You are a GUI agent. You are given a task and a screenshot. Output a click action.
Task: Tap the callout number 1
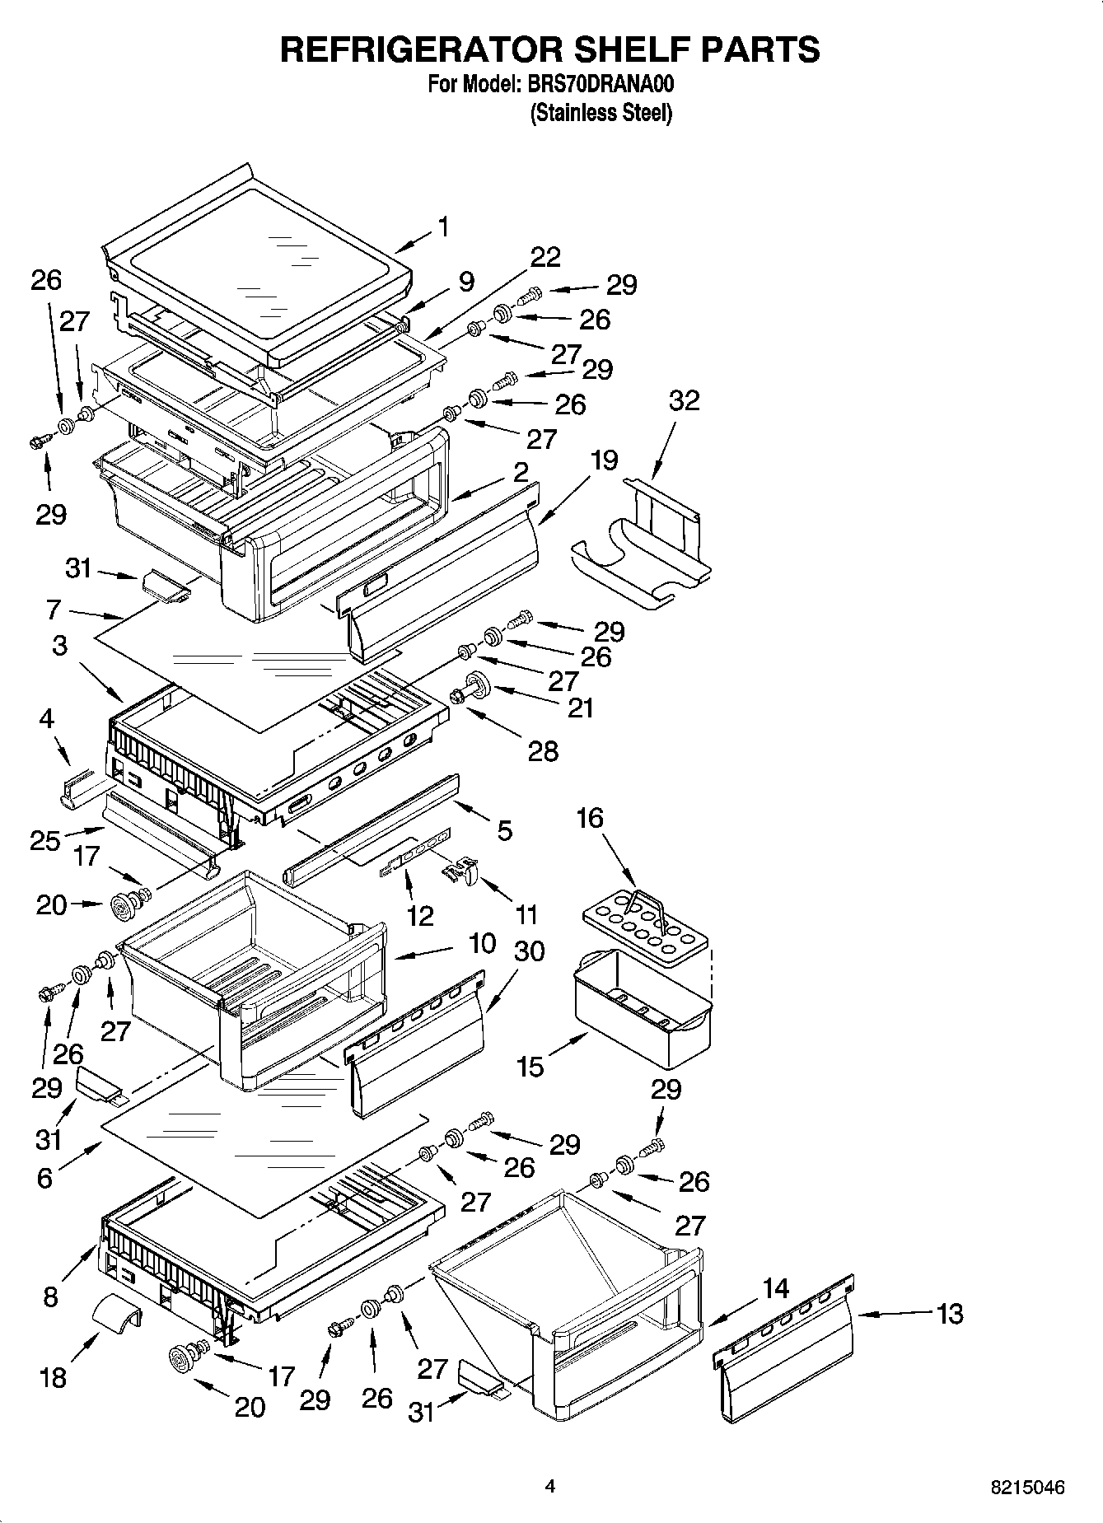point(443,227)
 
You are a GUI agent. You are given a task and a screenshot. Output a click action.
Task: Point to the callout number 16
point(590,818)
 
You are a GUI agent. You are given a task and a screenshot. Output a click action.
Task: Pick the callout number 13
point(949,1313)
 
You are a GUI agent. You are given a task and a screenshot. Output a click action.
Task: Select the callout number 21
point(581,708)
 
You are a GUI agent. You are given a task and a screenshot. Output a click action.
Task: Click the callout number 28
point(543,751)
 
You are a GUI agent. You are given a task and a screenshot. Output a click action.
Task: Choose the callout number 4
point(46,719)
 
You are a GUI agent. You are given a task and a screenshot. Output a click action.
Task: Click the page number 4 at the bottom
point(549,1487)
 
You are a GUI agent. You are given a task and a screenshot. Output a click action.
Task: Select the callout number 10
point(483,943)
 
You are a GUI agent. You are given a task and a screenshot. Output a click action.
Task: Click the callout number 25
point(45,840)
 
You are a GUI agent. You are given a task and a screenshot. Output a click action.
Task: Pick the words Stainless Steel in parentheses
point(601,113)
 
